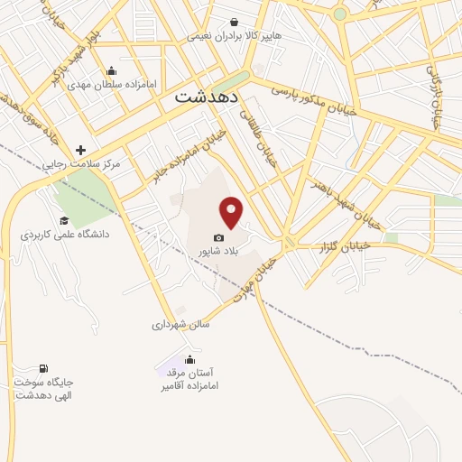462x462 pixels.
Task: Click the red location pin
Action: (232, 211)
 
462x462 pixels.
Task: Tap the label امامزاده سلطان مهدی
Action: (112, 84)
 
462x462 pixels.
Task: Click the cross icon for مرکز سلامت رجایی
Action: (81, 150)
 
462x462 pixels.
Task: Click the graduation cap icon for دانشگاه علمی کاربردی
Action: (64, 219)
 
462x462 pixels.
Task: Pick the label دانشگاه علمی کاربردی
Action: (65, 234)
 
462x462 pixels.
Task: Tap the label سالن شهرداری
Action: (180, 324)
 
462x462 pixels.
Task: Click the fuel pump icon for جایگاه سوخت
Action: (42, 368)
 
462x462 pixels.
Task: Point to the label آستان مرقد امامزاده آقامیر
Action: (190, 379)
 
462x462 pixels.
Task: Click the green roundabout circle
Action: (339, 14)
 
